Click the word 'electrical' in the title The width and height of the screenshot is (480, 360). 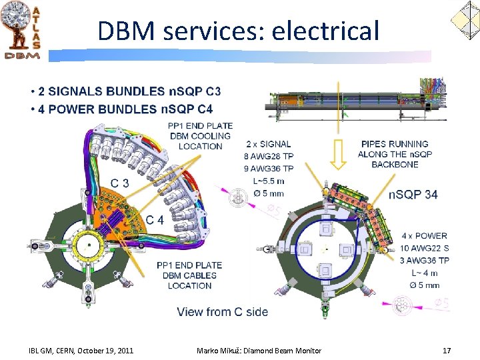click(x=325, y=31)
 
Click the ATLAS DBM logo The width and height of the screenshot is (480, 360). click(x=21, y=30)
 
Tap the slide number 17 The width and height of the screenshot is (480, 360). click(x=447, y=351)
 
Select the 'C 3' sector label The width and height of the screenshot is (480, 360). click(x=120, y=183)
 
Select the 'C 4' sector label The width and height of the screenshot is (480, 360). click(x=155, y=220)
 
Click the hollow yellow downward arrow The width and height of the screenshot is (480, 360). click(x=338, y=155)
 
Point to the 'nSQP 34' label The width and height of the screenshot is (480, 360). click(x=413, y=195)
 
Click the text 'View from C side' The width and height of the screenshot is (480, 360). click(x=223, y=312)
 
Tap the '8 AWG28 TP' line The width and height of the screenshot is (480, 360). click(x=269, y=157)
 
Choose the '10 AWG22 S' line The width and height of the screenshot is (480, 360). click(x=424, y=248)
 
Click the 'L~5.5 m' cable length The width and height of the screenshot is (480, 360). click(x=269, y=181)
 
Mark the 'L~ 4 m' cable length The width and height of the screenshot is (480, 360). click(x=425, y=273)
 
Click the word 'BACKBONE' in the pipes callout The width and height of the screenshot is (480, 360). click(x=395, y=165)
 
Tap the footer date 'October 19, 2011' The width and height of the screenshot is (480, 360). click(x=105, y=351)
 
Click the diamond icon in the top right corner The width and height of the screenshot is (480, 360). click(x=465, y=21)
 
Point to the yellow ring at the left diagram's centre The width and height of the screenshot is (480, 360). click(x=89, y=232)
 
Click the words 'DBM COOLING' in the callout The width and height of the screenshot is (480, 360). click(x=201, y=136)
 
